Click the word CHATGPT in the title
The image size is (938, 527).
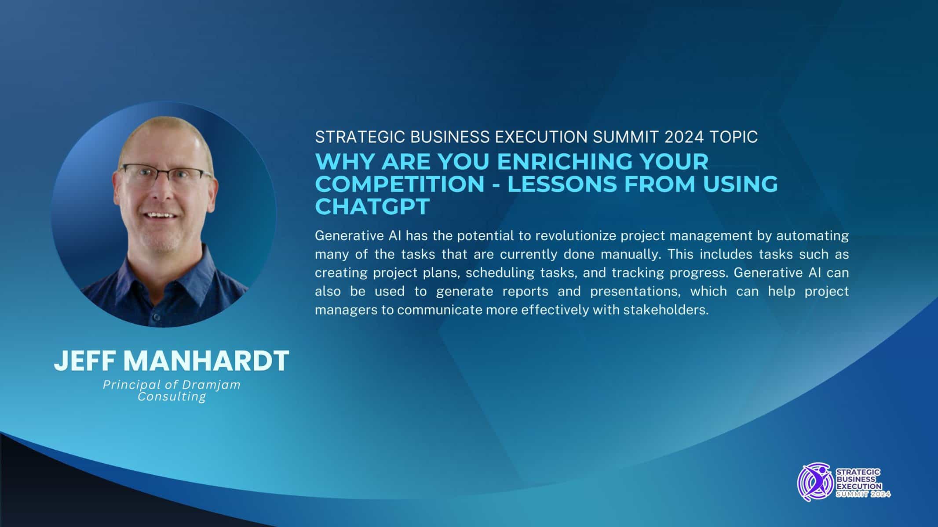tap(372, 207)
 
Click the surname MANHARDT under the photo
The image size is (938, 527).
tap(206, 361)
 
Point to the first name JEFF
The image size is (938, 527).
tap(86, 361)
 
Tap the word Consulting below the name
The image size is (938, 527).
tap(172, 397)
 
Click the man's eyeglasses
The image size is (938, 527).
tap(165, 175)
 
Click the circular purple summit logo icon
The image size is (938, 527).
tap(816, 483)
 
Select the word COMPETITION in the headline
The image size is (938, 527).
tap(400, 184)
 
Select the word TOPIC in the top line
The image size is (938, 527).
tap(734, 137)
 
